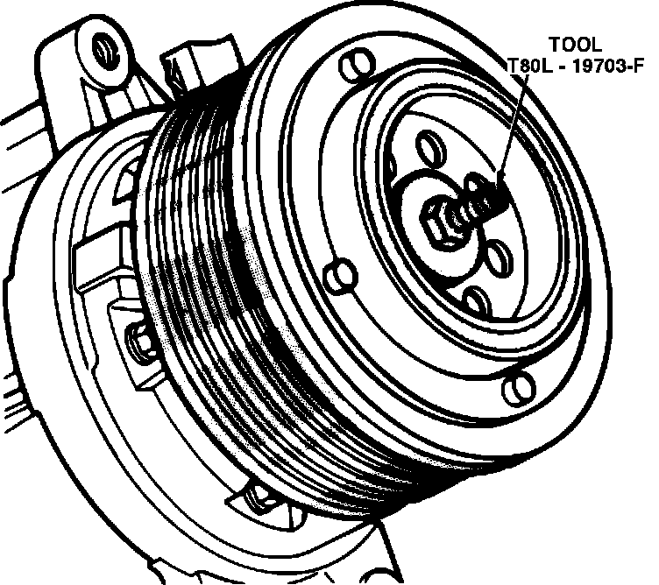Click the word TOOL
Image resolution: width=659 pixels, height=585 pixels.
pos(576,43)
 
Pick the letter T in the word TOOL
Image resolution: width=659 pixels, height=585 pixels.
pos(556,43)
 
